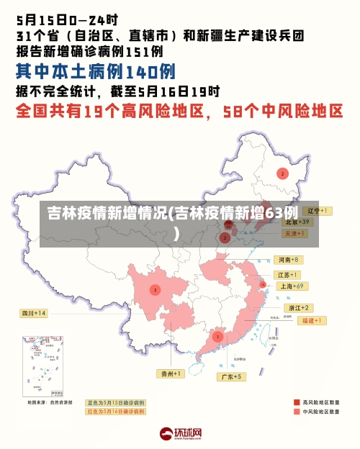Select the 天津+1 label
pos(295,234)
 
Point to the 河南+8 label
pos(289,259)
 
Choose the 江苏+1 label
pos(288,275)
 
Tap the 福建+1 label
pos(314,319)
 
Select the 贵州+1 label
pos(172,373)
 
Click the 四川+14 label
pos(33,313)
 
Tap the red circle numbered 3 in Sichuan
pos(155,290)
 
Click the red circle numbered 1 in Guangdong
pos(217,336)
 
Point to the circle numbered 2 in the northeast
pos(283,173)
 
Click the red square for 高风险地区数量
pos(297,402)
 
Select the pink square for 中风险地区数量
pos(297,412)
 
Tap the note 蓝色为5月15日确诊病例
pos(115,402)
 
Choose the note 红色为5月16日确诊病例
pos(115,412)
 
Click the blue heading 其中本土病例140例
pos(96,71)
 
